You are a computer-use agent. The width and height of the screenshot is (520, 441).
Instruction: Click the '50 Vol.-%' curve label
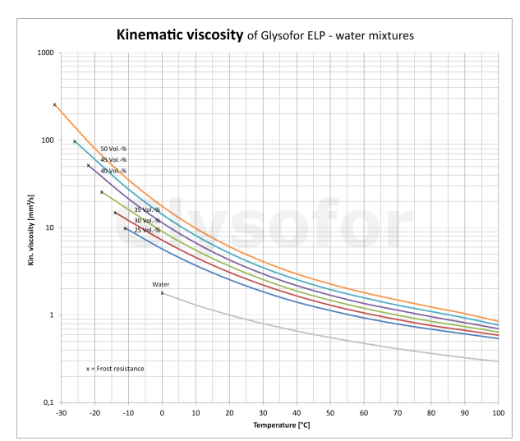coord(113,149)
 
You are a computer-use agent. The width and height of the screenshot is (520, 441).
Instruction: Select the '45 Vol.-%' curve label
coord(113,159)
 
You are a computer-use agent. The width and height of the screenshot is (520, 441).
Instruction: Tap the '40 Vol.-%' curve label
coord(113,171)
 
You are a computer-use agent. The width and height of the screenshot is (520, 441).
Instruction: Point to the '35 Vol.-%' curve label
coord(147,209)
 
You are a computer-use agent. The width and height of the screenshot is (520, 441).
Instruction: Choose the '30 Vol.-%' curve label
coord(147,220)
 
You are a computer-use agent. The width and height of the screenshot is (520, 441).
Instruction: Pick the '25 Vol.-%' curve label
coord(147,230)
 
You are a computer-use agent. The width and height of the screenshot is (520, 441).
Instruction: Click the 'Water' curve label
coord(160,284)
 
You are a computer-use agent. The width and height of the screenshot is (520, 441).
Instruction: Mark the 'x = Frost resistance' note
coord(115,369)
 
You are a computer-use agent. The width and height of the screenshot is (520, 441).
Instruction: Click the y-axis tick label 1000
coord(45,53)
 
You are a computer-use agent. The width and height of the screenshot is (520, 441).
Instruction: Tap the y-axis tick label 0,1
coord(48,402)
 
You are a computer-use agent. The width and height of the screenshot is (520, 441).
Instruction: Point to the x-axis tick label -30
coord(61,413)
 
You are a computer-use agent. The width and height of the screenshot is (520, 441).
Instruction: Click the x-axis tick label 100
coord(498,413)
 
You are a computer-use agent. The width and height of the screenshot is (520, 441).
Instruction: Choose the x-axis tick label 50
coord(330,413)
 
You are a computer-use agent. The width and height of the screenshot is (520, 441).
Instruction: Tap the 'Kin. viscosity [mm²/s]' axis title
coord(31,227)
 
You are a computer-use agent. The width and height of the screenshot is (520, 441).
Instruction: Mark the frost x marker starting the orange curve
coord(54,104)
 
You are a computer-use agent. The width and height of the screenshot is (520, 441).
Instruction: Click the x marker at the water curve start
coord(162,293)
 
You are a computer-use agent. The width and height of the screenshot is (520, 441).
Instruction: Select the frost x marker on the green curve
coord(102,192)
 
